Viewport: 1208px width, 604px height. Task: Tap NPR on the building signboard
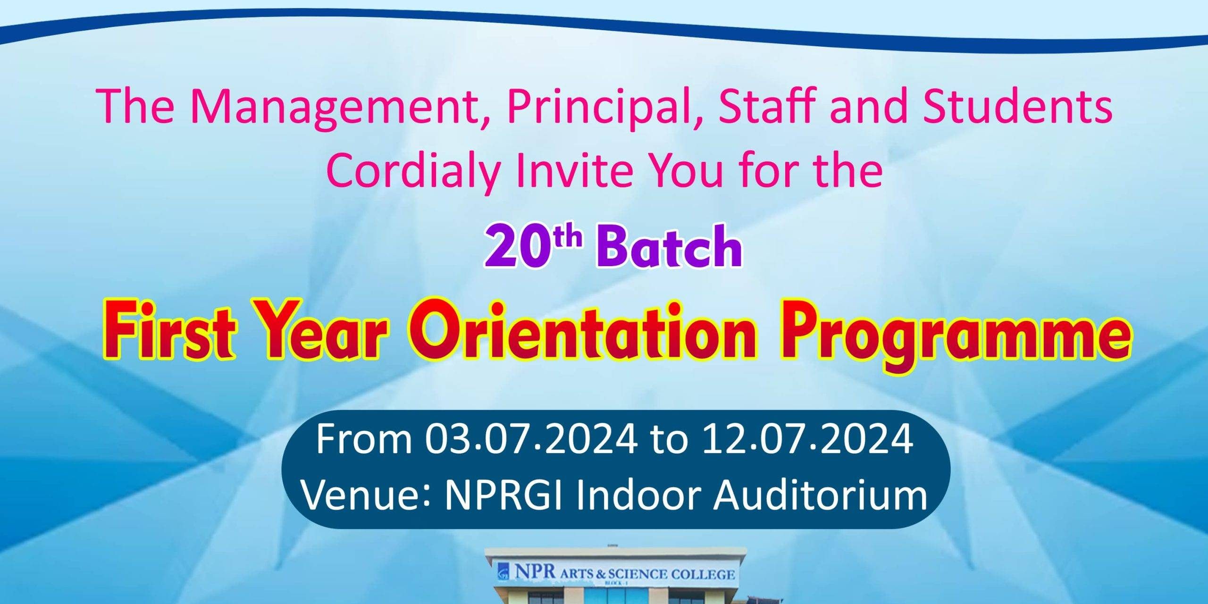535,571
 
